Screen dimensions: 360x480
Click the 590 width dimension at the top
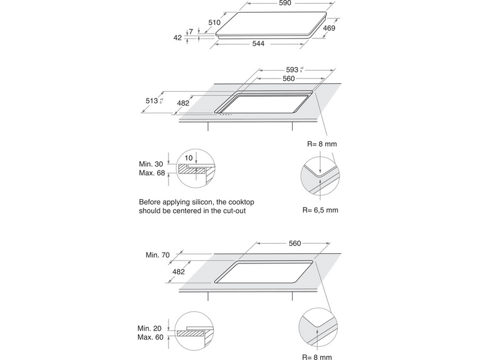pos(284,4)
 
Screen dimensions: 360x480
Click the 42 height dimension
pos(177,37)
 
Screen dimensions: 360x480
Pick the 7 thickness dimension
pos(190,31)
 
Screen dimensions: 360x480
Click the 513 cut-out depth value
pos(152,101)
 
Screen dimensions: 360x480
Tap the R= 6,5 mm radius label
pos(320,210)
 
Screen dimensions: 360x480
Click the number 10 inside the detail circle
pos(190,157)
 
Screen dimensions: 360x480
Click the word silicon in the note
pos(214,202)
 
